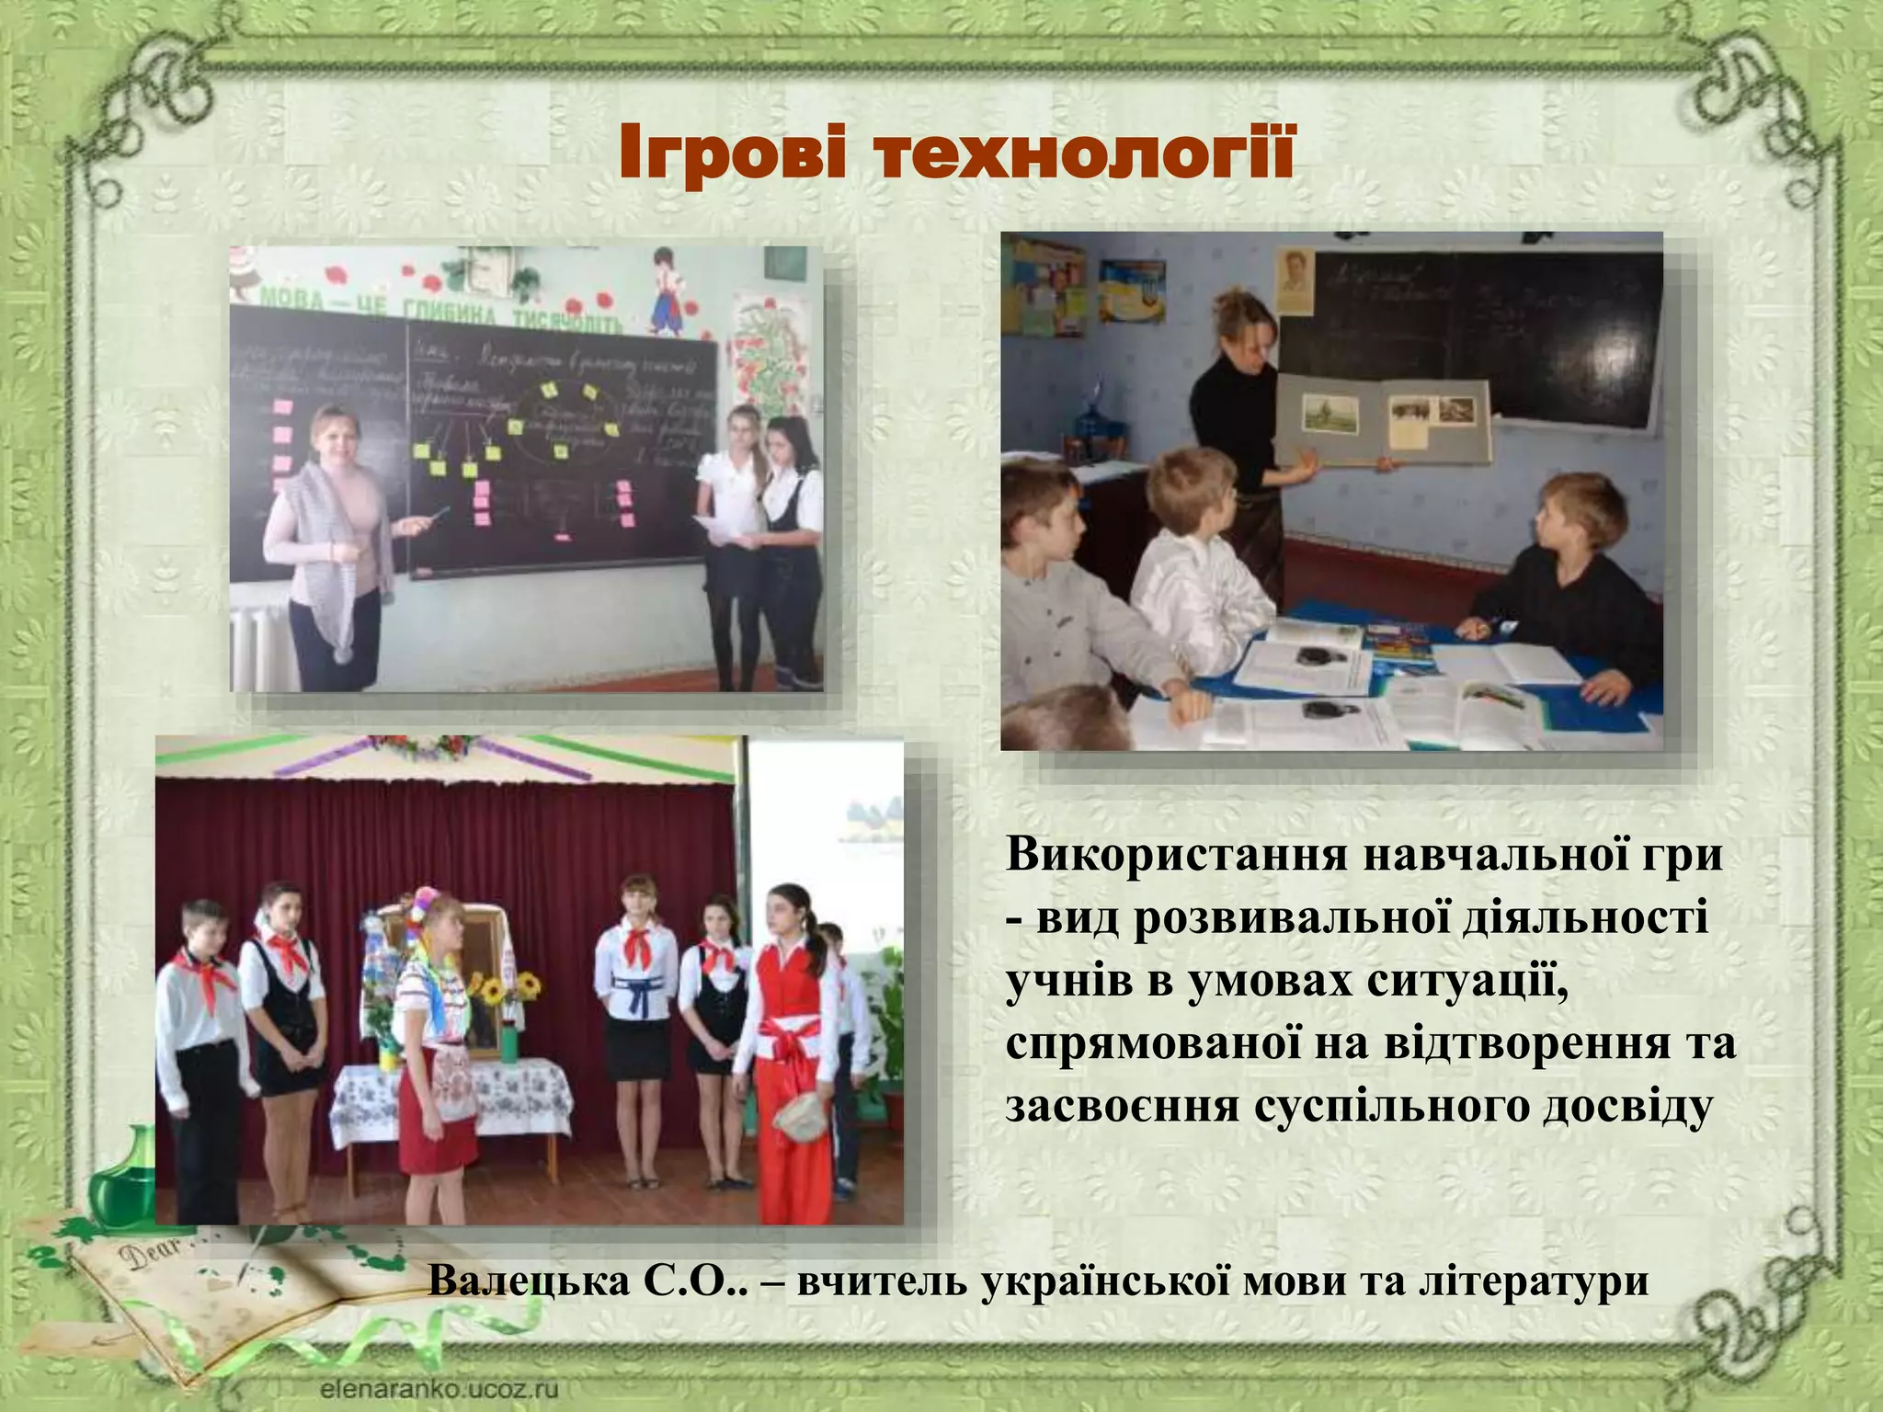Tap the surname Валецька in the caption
coord(528,1281)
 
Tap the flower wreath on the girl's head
coord(431,909)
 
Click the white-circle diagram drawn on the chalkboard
coord(563,418)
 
